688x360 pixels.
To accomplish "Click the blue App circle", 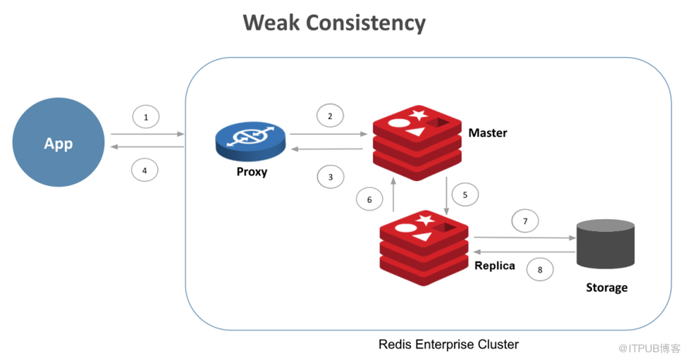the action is [x=58, y=142].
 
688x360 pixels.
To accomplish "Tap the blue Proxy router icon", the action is [x=251, y=142].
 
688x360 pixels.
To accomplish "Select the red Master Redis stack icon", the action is [x=417, y=142].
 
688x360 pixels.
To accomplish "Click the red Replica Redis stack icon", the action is [x=424, y=248].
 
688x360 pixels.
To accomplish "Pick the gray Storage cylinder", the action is [x=605, y=244].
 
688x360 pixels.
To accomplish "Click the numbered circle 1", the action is [x=145, y=117].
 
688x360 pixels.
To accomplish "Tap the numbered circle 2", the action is [x=330, y=116].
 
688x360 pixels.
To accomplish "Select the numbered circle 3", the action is [x=330, y=177].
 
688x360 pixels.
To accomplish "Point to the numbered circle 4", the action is [x=145, y=170].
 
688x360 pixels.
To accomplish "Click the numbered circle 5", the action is [x=464, y=194].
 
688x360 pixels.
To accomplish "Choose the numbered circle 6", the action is [x=369, y=199].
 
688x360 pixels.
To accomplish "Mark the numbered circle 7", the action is [x=525, y=221].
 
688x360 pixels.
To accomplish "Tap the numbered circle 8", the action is [x=539, y=269].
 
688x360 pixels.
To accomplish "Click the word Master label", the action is [x=488, y=132].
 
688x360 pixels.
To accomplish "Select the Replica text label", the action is [x=495, y=266].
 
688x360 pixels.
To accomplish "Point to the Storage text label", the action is [x=607, y=287].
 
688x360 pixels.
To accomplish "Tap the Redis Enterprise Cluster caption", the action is [x=448, y=345].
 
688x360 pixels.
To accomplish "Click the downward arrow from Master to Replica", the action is [x=447, y=196].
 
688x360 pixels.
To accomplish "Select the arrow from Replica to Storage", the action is [x=525, y=238].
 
